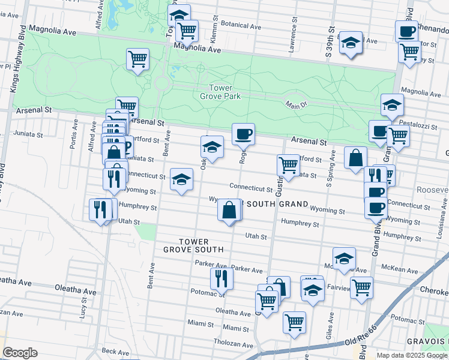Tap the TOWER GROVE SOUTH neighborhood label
(193, 245)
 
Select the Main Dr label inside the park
(295, 104)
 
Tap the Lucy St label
(84, 310)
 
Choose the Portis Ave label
(74, 135)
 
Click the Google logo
(20, 352)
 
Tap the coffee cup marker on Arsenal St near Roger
(243, 134)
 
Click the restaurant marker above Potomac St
(221, 278)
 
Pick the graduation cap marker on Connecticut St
(181, 179)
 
